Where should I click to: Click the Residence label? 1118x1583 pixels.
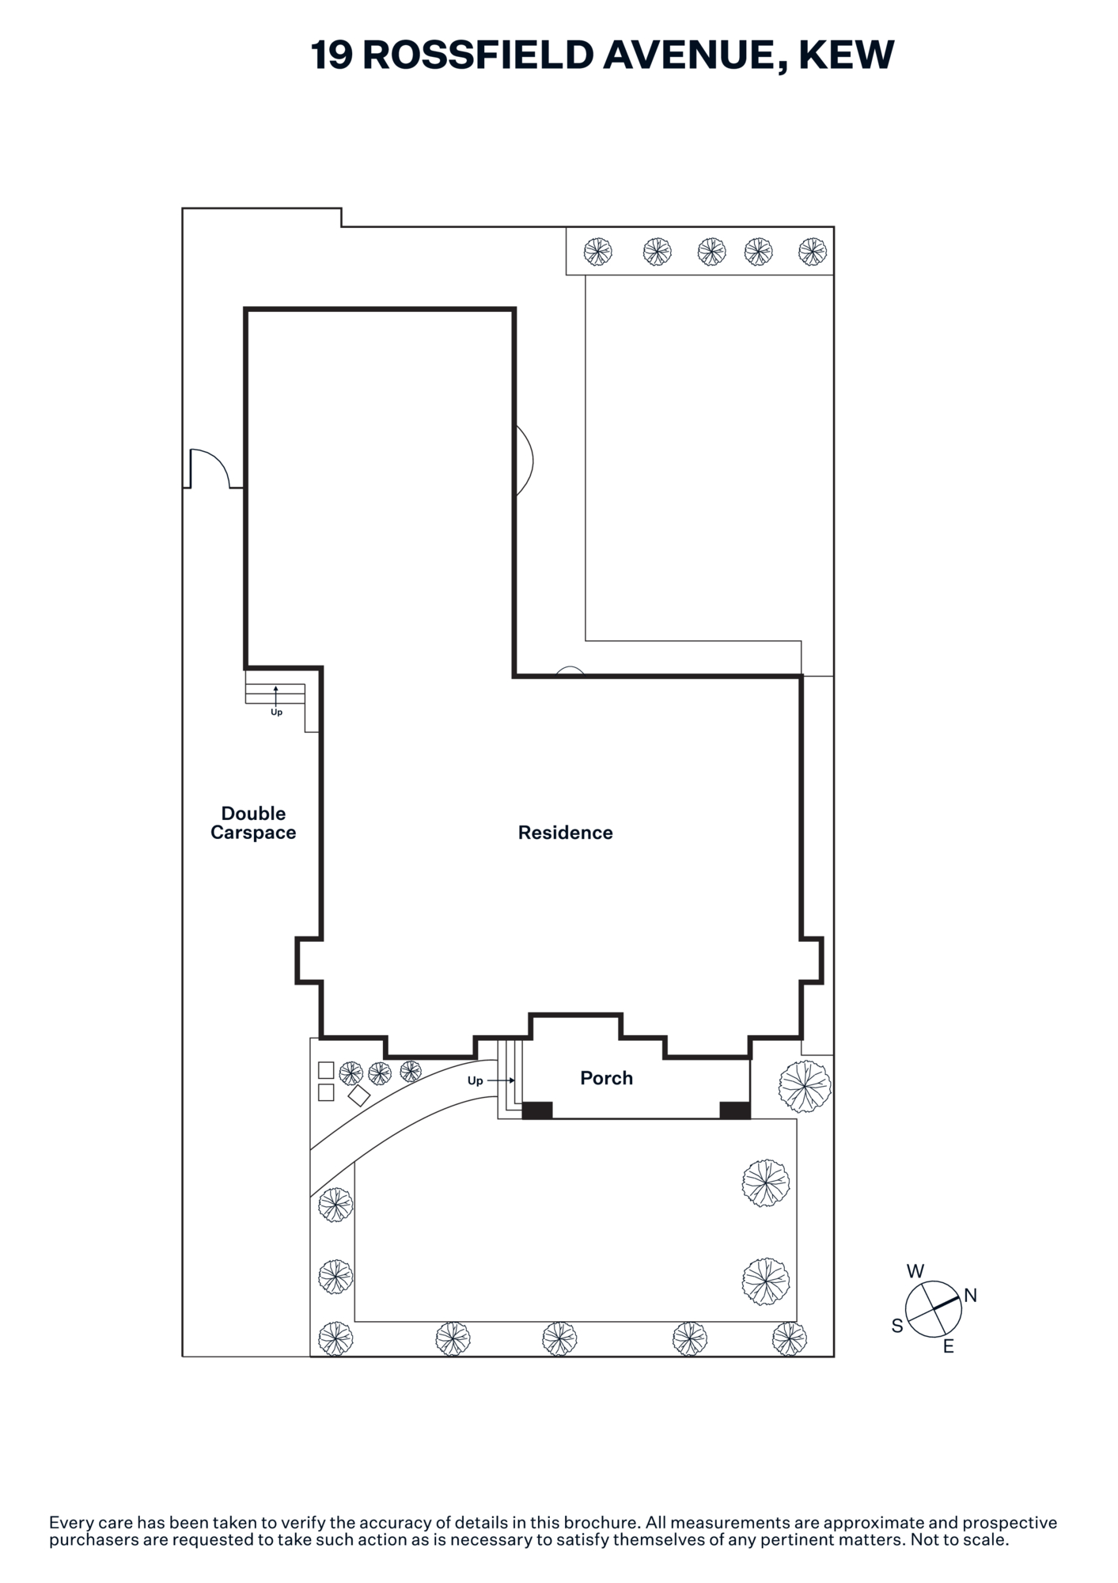565,833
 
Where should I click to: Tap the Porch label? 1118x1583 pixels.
606,1078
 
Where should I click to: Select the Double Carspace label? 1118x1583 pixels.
253,823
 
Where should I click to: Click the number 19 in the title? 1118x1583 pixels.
332,55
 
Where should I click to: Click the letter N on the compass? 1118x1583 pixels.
971,1296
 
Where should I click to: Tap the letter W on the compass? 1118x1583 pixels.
915,1271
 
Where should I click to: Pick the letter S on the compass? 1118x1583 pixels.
897,1326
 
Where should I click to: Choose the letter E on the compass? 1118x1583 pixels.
949,1346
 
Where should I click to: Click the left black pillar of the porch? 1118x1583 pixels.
537,1110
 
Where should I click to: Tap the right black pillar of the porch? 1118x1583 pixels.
735,1110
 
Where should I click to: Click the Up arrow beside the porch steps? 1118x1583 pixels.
501,1080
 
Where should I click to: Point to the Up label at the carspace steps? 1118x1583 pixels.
276,712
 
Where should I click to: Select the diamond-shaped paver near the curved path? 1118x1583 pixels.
359,1095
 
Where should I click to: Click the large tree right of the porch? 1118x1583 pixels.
805,1087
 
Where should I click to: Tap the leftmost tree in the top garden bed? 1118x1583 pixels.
597,252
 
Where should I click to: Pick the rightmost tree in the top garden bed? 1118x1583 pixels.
813,252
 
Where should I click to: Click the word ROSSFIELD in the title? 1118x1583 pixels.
478,55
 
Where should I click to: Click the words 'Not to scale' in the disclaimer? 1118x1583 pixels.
959,1539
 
